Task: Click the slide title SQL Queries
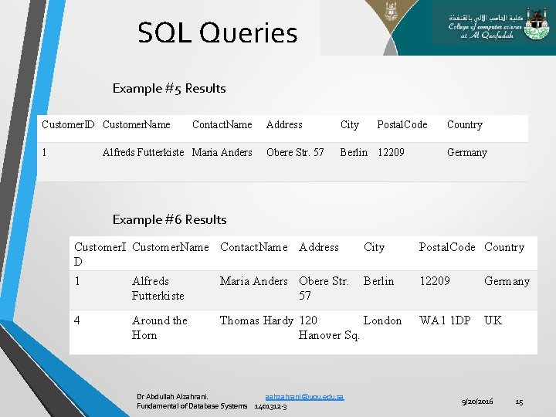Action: pos(217,33)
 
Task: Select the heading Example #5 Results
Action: pos(169,88)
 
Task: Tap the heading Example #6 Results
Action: pos(169,219)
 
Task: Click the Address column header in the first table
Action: pos(284,124)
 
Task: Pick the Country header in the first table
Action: pos(464,124)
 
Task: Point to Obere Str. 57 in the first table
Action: pos(295,152)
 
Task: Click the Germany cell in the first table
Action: pos(466,152)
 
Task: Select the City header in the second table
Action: pos(374,247)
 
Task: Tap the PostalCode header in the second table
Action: pos(446,247)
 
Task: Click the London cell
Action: pos(382,320)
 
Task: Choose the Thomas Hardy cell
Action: pos(256,320)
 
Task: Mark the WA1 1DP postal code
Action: pos(444,320)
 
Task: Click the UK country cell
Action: pos(493,320)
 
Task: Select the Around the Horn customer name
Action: pos(159,327)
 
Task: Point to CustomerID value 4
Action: pos(77,320)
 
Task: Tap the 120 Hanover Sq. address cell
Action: pos(328,327)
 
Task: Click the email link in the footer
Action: pos(303,396)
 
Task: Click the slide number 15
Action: pos(519,402)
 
